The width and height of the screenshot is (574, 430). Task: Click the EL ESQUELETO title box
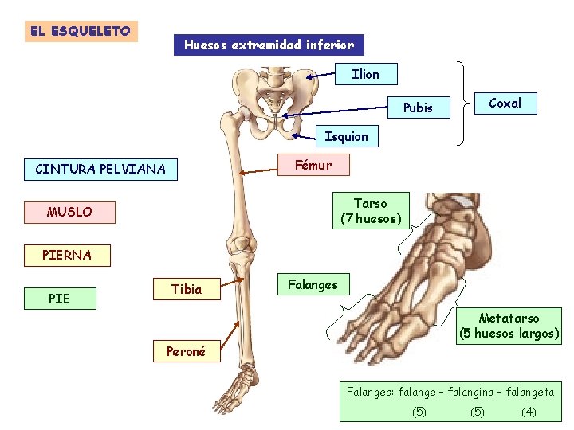(x=81, y=32)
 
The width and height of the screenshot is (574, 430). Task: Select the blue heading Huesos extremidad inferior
(x=269, y=45)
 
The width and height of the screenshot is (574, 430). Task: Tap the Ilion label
(x=366, y=74)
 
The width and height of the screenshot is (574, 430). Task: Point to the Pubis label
(x=418, y=107)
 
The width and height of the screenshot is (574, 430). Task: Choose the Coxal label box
(x=505, y=103)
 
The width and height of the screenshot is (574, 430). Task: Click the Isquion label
(x=347, y=136)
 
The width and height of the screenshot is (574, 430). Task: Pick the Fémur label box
(x=312, y=165)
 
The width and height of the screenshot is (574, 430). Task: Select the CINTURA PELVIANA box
(x=100, y=169)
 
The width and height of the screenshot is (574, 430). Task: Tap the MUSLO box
(x=69, y=213)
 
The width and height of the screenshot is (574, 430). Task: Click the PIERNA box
(x=68, y=256)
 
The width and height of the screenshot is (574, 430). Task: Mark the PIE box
(x=59, y=299)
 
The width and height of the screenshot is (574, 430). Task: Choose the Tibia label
(x=187, y=289)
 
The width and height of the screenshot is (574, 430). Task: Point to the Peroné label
(x=186, y=351)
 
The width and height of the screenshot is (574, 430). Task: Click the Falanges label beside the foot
(x=313, y=284)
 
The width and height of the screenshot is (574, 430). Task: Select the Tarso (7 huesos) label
(x=371, y=211)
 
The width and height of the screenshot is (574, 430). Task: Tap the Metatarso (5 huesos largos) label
(x=509, y=326)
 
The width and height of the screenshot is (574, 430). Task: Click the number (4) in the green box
(x=528, y=412)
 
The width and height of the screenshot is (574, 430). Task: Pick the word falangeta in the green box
(x=525, y=392)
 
